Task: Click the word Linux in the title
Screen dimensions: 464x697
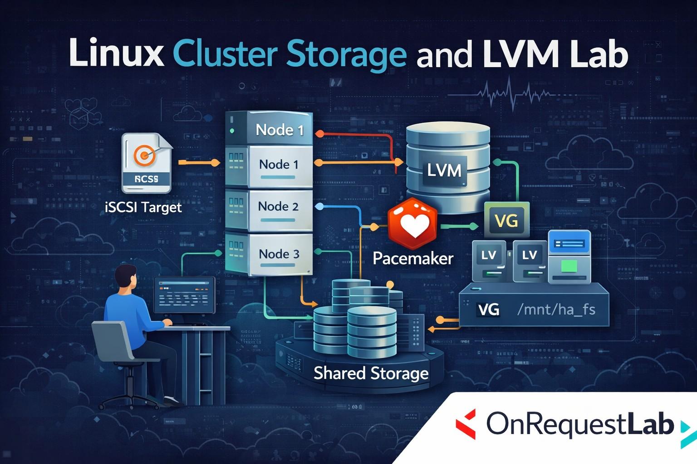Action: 116,53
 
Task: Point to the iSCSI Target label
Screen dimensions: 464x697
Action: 143,208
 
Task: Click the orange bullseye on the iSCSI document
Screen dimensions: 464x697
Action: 145,155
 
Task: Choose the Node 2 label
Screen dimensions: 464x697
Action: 278,207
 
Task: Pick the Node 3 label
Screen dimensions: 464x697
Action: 279,254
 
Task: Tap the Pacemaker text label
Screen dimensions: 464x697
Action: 413,258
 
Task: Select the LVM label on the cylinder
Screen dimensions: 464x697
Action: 444,170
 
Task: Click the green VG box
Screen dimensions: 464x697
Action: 506,221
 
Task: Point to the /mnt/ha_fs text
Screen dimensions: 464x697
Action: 556,309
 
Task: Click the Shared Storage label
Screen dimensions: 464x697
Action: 371,373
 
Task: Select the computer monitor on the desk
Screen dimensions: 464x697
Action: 184,295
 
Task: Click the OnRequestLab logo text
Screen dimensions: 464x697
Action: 580,424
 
